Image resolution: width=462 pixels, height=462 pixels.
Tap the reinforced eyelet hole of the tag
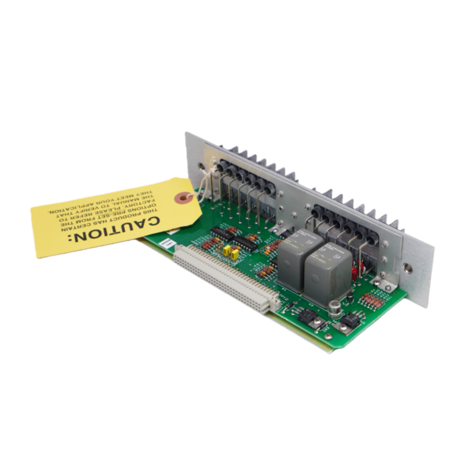[x=183, y=198]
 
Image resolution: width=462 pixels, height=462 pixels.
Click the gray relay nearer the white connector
[x=298, y=257]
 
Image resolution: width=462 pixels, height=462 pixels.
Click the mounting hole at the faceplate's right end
[x=409, y=267]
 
